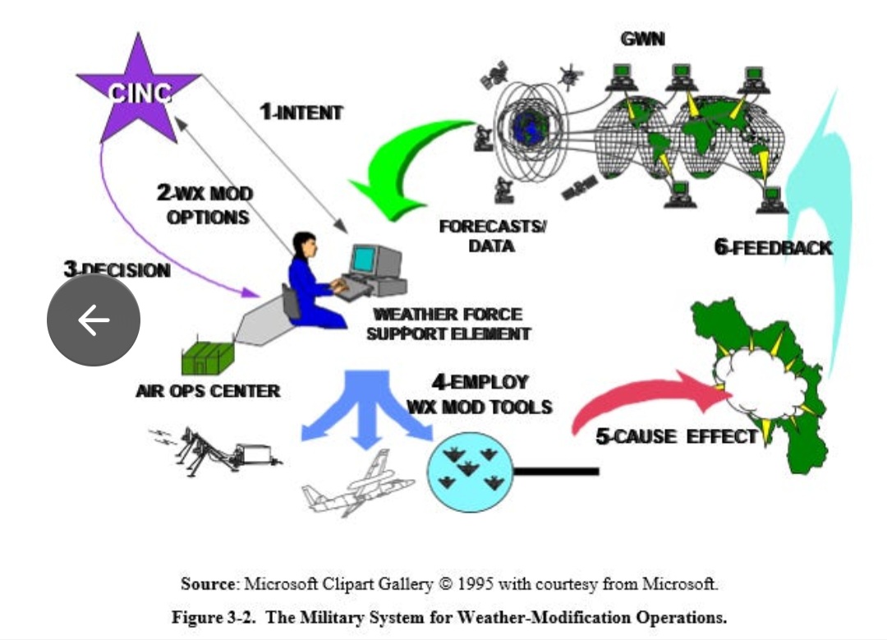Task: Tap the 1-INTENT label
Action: pyautogui.click(x=301, y=113)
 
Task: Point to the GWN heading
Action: pyautogui.click(x=643, y=39)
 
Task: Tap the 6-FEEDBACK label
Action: pyautogui.click(x=773, y=247)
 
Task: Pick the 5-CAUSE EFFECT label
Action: pyautogui.click(x=676, y=436)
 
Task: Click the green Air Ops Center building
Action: pyautogui.click(x=207, y=358)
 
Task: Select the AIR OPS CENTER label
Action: pyautogui.click(x=208, y=391)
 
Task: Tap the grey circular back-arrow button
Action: pyautogui.click(x=93, y=320)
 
